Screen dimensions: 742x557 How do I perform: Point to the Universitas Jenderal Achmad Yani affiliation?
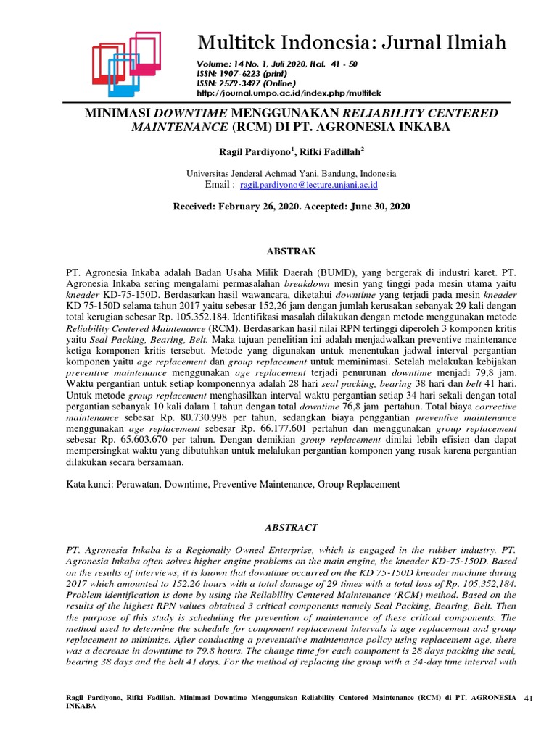pyautogui.click(x=291, y=174)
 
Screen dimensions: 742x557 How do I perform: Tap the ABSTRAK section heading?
pyautogui.click(x=291, y=251)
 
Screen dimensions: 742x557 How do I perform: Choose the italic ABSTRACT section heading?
pyautogui.click(x=291, y=528)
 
